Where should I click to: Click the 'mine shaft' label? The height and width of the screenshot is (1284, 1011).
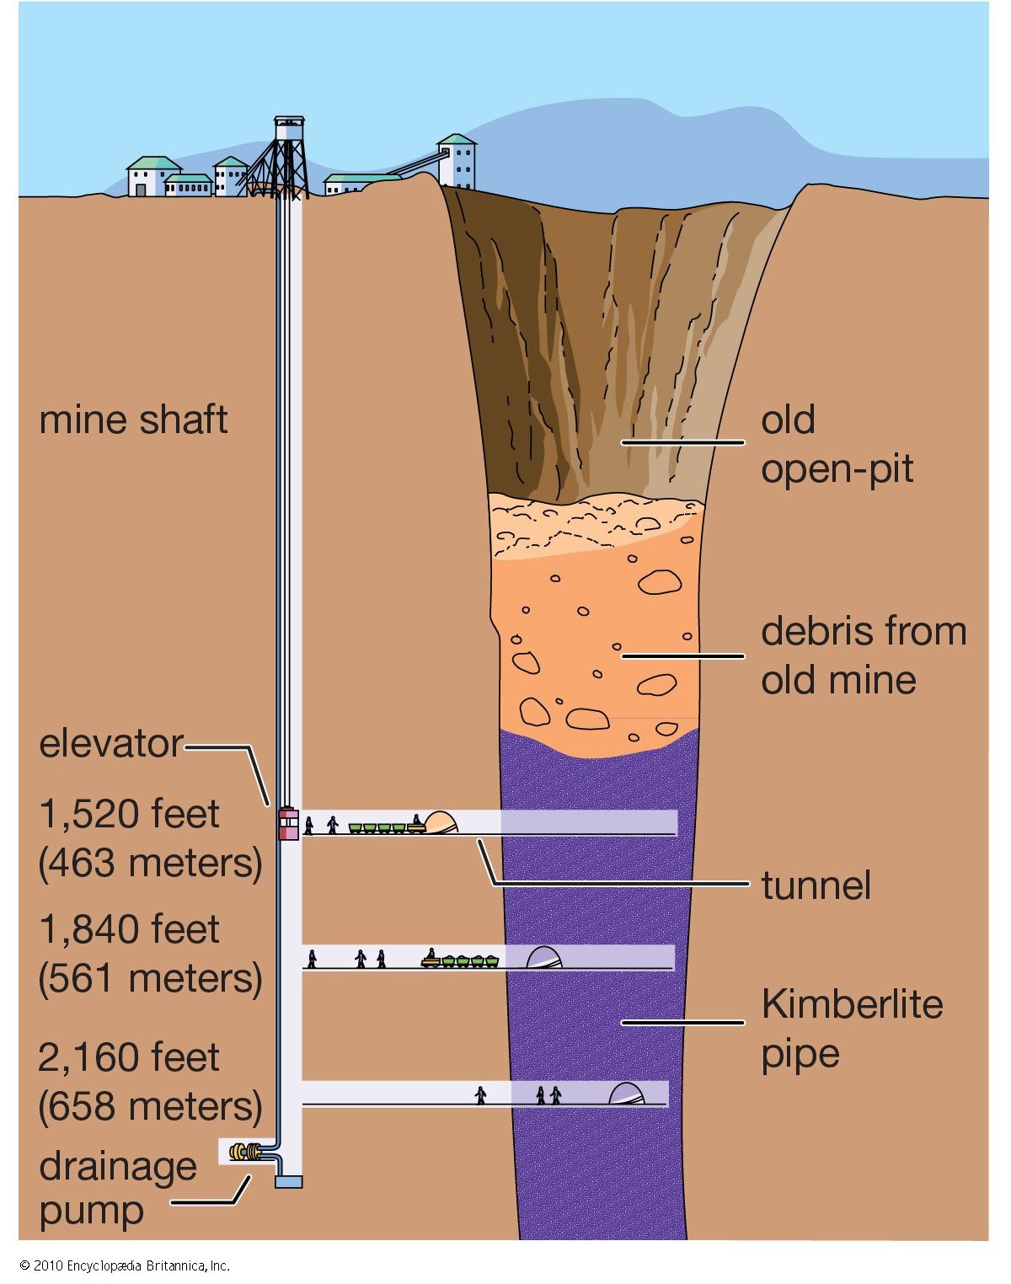[133, 420]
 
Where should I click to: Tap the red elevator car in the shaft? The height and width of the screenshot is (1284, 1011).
[288, 823]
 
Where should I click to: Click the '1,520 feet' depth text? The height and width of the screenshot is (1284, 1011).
[129, 814]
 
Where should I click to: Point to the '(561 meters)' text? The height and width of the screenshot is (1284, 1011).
[150, 978]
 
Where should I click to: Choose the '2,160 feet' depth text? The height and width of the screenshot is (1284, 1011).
[129, 1057]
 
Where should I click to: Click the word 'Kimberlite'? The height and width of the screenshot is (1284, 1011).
[852, 1004]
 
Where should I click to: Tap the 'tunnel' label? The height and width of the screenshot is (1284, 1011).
[816, 885]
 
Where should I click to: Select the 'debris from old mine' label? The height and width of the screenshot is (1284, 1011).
[863, 655]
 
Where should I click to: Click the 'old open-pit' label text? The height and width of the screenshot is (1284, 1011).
[837, 444]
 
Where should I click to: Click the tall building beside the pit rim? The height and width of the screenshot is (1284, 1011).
[457, 162]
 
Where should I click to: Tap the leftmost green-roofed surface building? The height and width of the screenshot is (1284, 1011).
[152, 176]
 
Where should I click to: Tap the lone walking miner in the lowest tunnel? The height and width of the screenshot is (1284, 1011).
[480, 1095]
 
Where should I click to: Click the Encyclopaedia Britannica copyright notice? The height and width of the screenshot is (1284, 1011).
[124, 1265]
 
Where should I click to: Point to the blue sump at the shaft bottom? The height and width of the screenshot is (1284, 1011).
[288, 1182]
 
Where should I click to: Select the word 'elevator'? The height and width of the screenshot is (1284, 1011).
[110, 744]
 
